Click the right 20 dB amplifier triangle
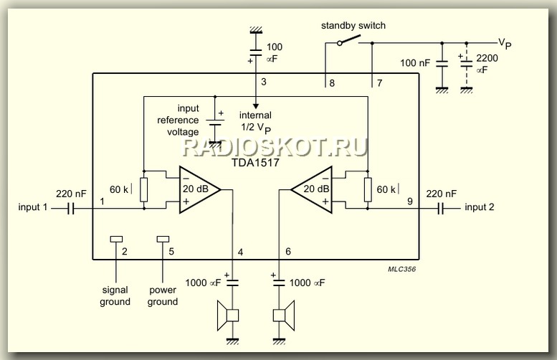coord(313,189)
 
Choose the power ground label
coord(163,296)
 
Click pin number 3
coord(264,82)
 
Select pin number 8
coord(331,82)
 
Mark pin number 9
coord(410,202)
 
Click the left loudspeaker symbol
coord(231,315)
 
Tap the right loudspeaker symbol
coord(280,315)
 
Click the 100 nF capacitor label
coord(415,64)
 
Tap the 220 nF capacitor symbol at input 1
coord(72,209)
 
